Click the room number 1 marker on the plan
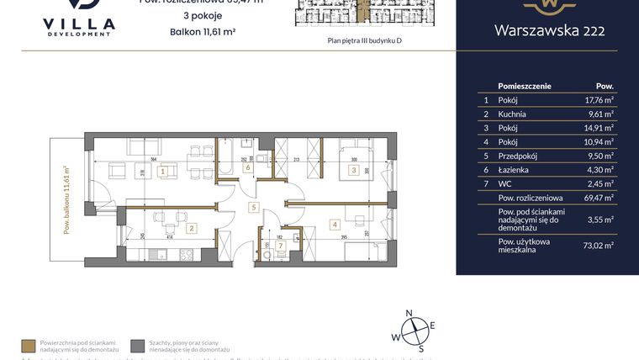click(163, 171)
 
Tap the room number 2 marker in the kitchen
click(191, 227)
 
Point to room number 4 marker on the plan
click(334, 225)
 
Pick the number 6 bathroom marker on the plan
click(247, 167)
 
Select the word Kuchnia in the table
click(512, 114)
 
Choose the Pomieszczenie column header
click(525, 86)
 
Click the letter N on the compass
click(409, 313)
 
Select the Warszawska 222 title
click(547, 33)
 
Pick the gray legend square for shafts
click(137, 345)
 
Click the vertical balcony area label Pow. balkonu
click(66, 199)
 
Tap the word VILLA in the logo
click(78, 24)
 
